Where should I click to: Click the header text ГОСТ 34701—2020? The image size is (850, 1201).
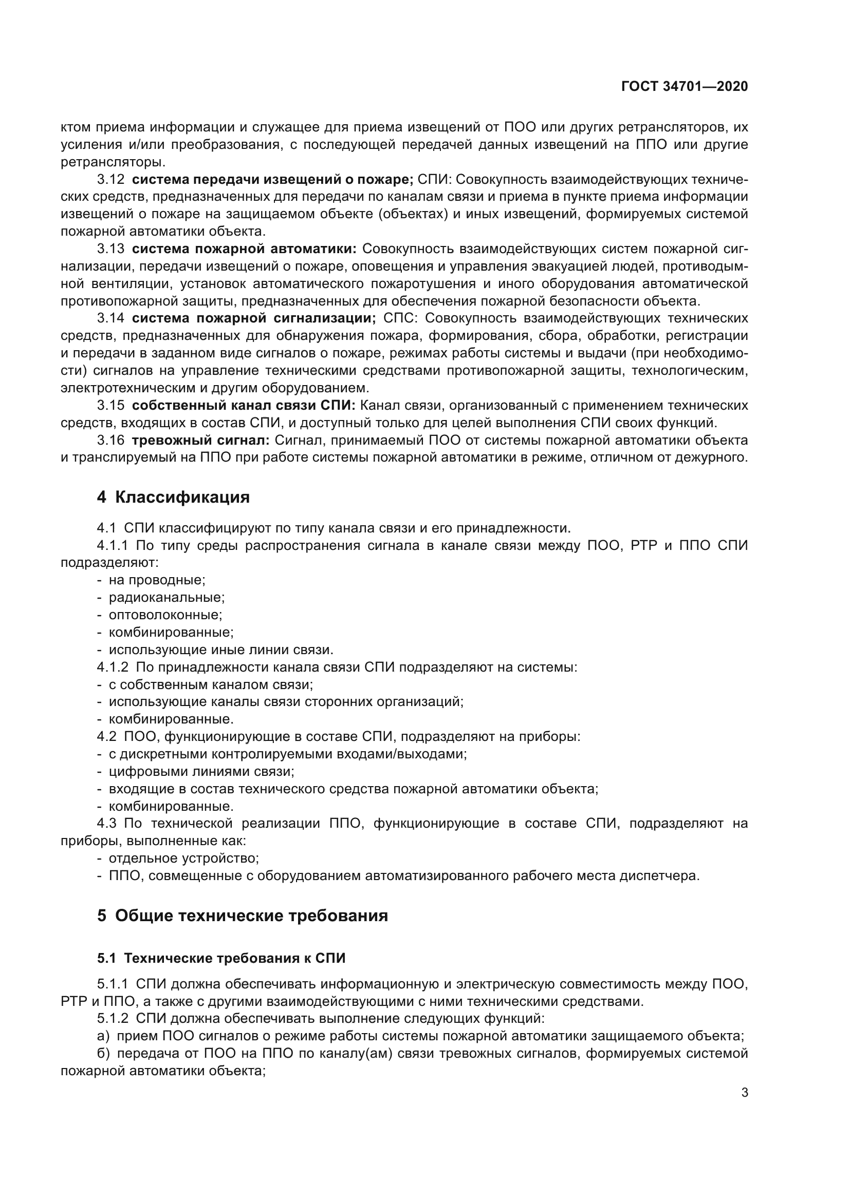coord(684,87)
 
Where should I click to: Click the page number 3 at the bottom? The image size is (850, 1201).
coord(744,1092)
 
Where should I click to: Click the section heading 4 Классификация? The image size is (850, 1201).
coord(173,497)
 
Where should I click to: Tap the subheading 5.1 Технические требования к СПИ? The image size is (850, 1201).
coord(221,958)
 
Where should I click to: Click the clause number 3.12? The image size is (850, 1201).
coord(110,179)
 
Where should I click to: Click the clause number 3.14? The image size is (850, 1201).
coord(110,318)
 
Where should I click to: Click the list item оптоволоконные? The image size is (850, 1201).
coord(165,615)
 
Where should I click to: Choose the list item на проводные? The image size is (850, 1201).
coord(157,580)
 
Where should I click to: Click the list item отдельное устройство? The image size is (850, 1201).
coord(183,858)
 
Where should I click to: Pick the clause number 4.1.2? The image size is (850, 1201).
coord(113,667)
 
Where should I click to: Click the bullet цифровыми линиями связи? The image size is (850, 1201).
coord(201,771)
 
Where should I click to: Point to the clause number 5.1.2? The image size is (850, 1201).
coord(113,1018)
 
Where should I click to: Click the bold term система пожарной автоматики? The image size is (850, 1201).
coord(244,249)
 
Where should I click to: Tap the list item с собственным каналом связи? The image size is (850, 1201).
coord(210,684)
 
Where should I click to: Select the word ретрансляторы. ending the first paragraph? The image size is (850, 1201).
coord(113,162)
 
